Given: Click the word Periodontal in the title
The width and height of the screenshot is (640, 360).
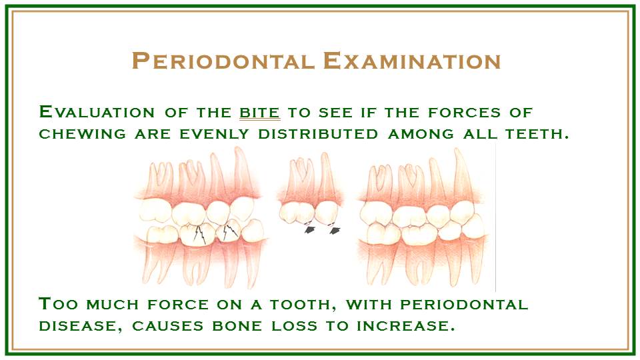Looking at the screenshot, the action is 223,61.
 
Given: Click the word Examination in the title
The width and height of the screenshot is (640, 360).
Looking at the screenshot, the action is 412,61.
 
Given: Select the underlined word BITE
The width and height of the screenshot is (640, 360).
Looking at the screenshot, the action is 259,112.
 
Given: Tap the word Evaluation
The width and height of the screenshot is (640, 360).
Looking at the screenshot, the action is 97,112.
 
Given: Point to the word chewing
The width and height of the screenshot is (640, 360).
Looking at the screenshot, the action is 82,134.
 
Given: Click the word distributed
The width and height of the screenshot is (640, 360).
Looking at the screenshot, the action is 318,134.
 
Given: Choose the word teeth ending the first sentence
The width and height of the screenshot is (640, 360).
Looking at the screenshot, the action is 537,134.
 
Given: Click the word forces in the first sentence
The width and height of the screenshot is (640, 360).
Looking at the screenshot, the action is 464,112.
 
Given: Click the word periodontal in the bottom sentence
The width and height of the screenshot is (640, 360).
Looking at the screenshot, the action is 464,305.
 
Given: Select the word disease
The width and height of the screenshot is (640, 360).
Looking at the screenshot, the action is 81,326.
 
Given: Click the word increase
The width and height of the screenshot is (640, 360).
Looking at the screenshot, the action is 406,326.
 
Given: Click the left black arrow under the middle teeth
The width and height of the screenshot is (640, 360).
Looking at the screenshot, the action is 310,230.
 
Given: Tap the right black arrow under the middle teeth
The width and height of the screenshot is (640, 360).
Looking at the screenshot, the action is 335,230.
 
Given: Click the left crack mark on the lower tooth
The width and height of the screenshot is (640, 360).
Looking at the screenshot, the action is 199,234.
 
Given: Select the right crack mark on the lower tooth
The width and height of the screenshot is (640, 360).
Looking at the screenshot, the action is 231,231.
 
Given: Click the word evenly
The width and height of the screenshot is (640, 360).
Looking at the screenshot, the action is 214,134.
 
